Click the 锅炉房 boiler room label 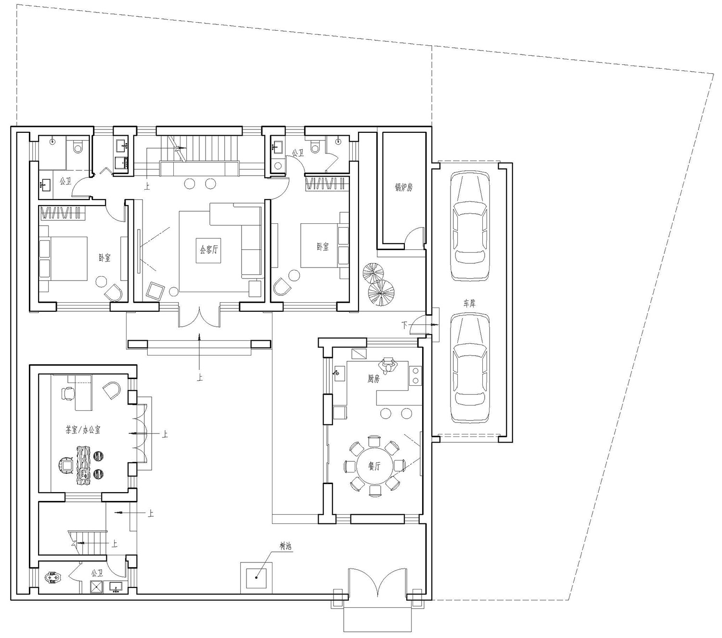[403, 187]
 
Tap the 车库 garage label [469, 303]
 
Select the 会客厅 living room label [208, 249]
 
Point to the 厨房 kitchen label [373, 379]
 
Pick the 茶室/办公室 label [83, 430]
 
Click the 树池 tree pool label [285, 546]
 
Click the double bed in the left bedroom [63, 259]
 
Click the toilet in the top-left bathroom [77, 145]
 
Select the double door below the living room [199, 316]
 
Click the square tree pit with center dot [256, 578]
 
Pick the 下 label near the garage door [404, 325]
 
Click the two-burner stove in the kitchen [415, 375]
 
